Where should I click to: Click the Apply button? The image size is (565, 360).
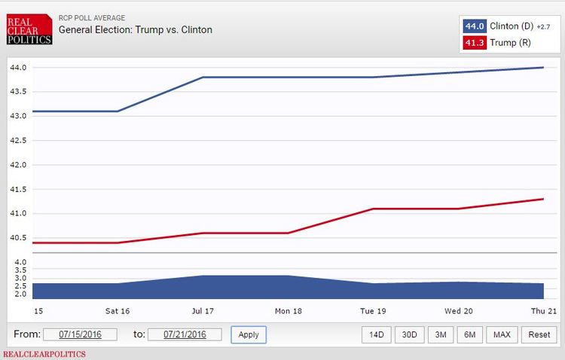point(249,334)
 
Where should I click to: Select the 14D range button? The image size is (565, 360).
point(376,334)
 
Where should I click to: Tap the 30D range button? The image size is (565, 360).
point(409,334)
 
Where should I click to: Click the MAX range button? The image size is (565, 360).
point(501,334)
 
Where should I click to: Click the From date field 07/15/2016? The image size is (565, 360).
point(80,334)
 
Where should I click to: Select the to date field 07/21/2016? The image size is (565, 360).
point(185,334)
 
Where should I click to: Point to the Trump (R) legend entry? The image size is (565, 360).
point(510,42)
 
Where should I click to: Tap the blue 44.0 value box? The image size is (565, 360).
point(475,26)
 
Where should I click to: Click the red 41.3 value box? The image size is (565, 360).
point(475,42)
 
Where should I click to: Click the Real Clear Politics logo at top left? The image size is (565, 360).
point(29,29)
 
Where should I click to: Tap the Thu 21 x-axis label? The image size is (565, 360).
point(542,310)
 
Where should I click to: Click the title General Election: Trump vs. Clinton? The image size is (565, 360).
point(136,30)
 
